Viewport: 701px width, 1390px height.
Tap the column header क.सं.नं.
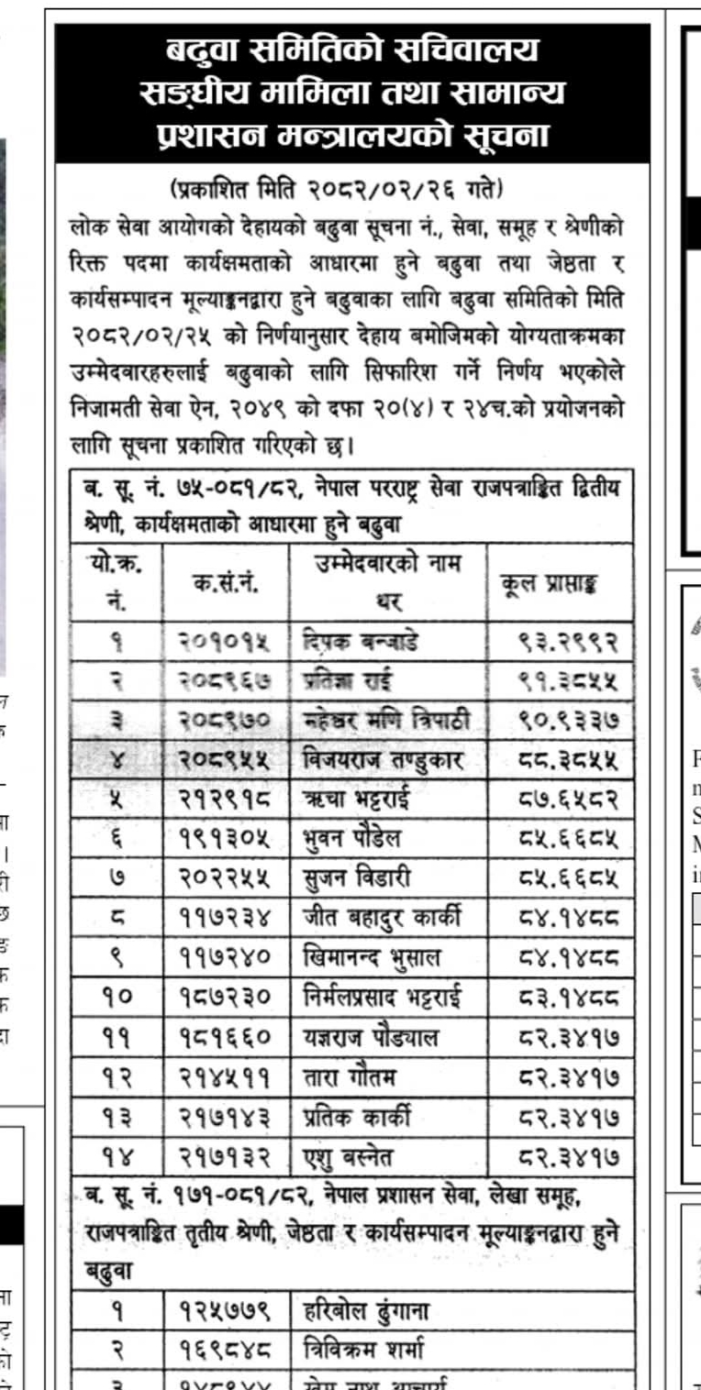224,583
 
